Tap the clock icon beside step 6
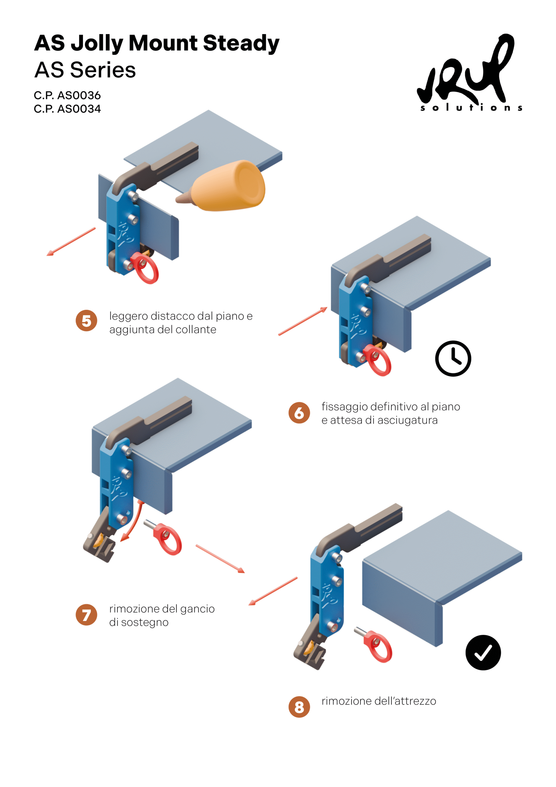pyautogui.click(x=453, y=358)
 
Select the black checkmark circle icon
pyautogui.click(x=483, y=653)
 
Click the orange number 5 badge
pyautogui.click(x=86, y=321)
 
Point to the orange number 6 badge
pyautogui.click(x=299, y=413)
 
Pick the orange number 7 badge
pyautogui.click(x=86, y=615)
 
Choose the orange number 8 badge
pyautogui.click(x=299, y=707)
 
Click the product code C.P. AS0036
pyautogui.click(x=67, y=95)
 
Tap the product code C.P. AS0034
pyautogui.click(x=67, y=109)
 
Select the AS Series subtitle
pyautogui.click(x=85, y=70)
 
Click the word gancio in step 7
pyautogui.click(x=197, y=609)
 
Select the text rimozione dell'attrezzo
pyautogui.click(x=378, y=701)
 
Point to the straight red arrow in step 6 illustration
pyautogui.click(x=303, y=321)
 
